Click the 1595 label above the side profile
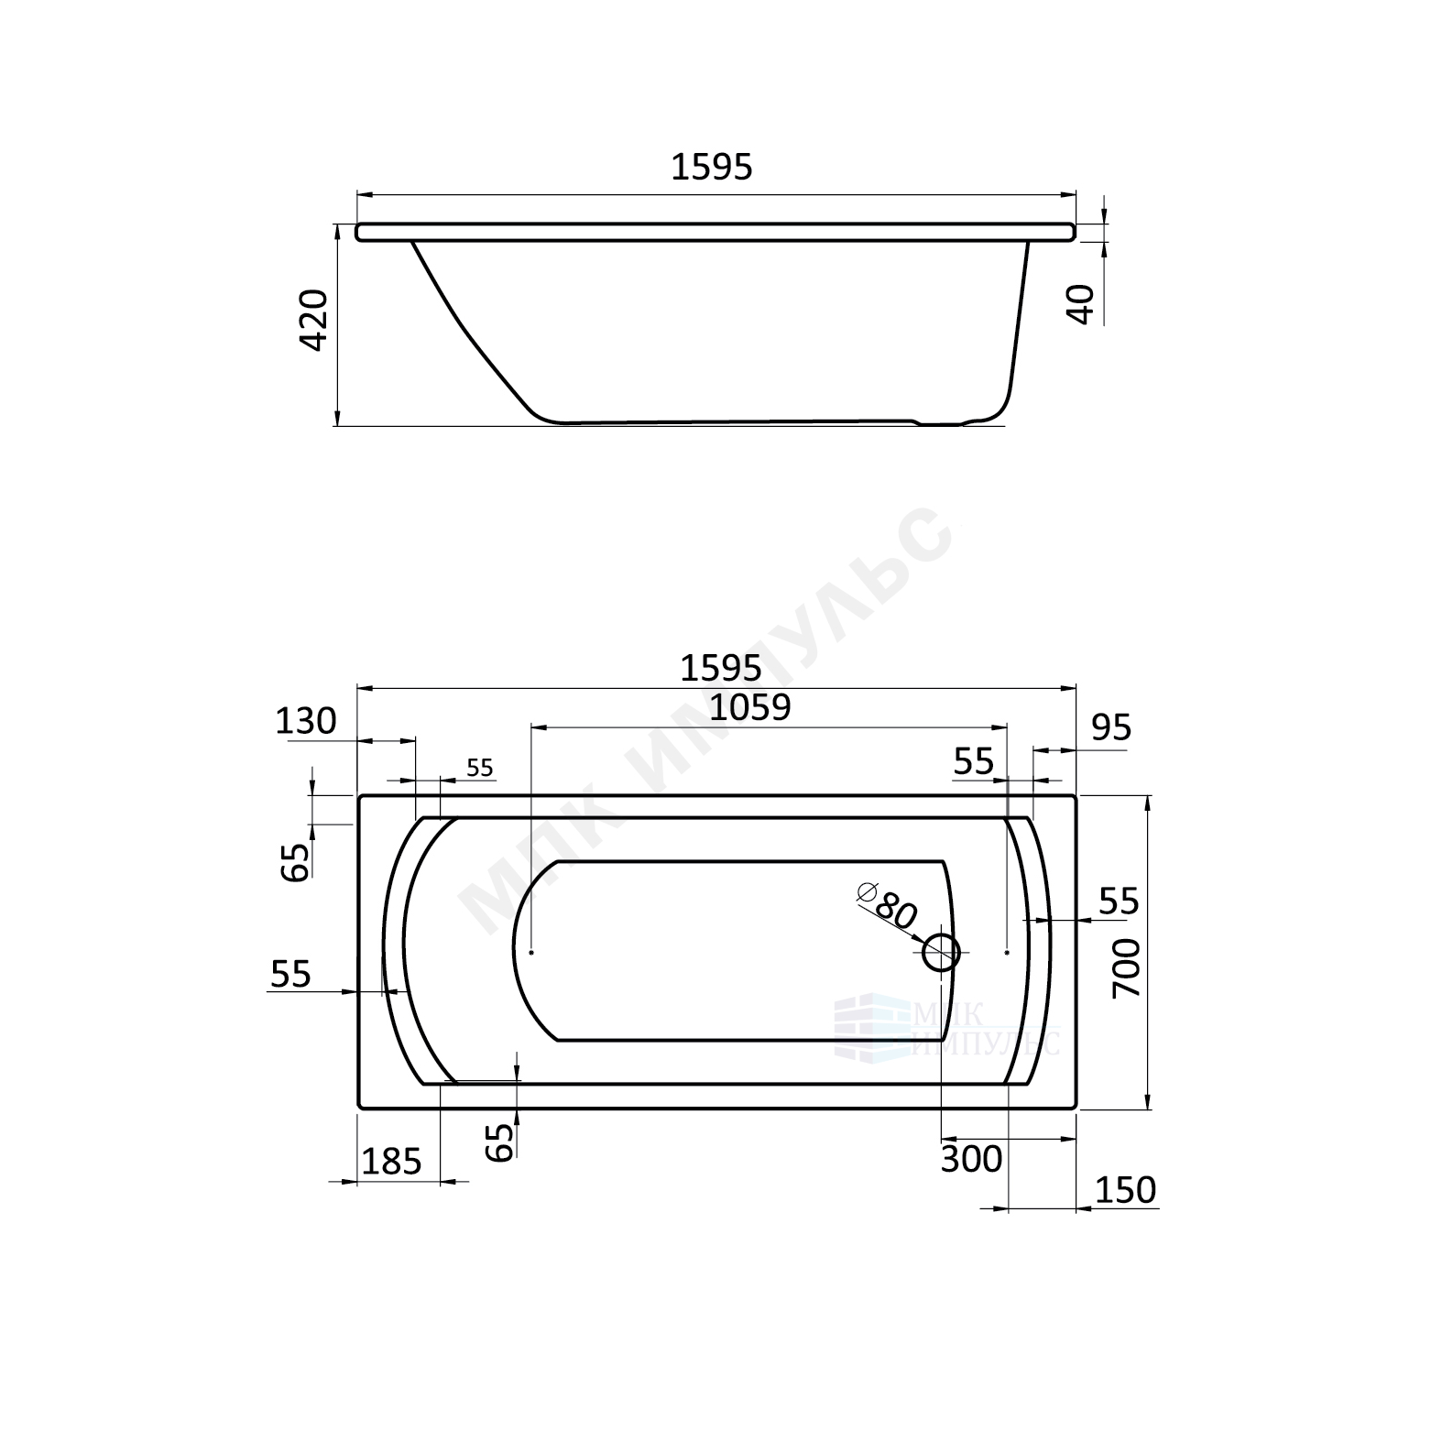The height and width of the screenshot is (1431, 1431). coord(712,167)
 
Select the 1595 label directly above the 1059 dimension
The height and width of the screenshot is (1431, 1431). coord(721,669)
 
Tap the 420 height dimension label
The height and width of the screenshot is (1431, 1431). coord(314,320)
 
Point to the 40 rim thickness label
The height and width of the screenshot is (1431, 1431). coord(1082,304)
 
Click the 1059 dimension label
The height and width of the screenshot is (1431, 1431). coord(750,707)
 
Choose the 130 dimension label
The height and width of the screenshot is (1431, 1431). coord(307,722)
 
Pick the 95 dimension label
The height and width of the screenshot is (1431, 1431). coord(1112,728)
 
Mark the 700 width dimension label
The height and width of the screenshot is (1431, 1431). coord(1126,969)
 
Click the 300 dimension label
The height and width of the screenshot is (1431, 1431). coord(972,1160)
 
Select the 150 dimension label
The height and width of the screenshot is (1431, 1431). coord(1126,1190)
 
